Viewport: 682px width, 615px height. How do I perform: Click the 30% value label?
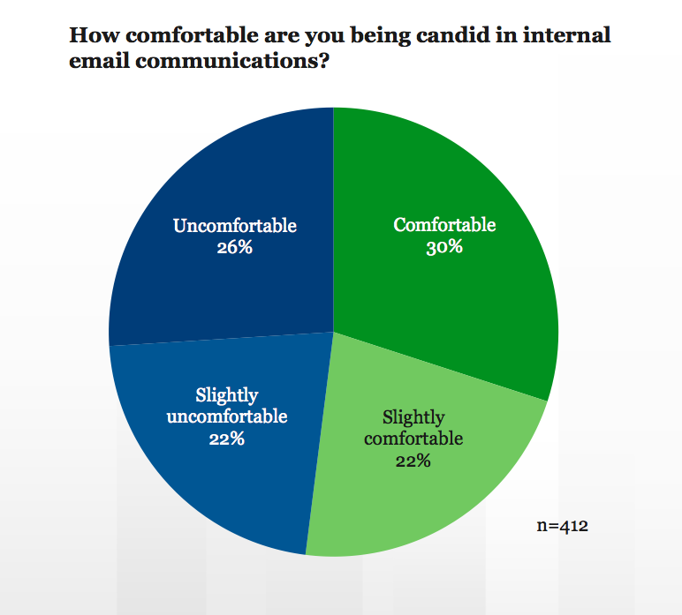tap(444, 247)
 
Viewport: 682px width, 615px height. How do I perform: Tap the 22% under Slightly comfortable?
tap(413, 460)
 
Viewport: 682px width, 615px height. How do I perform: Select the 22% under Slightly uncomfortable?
tap(227, 439)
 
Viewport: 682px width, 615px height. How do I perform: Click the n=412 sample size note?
tap(563, 527)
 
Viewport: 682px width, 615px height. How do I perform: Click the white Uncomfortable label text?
tap(234, 226)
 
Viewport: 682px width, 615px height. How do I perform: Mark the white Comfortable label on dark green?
tap(444, 225)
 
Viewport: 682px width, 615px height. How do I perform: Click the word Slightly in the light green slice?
tap(413, 416)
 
